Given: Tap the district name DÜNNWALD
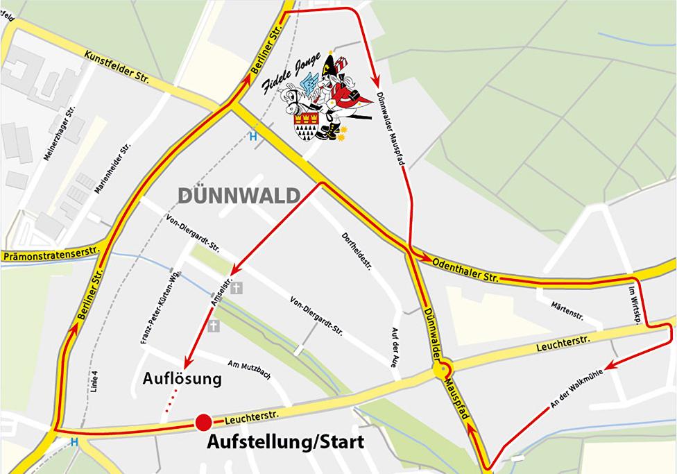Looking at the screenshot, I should [x=238, y=196].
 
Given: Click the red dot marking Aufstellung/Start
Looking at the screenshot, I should [x=203, y=422].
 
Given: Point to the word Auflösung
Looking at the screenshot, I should [x=182, y=379].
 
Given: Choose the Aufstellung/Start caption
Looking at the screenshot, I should [x=286, y=441].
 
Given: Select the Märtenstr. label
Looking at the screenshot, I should [x=567, y=310].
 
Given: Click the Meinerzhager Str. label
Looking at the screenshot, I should [x=58, y=135].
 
